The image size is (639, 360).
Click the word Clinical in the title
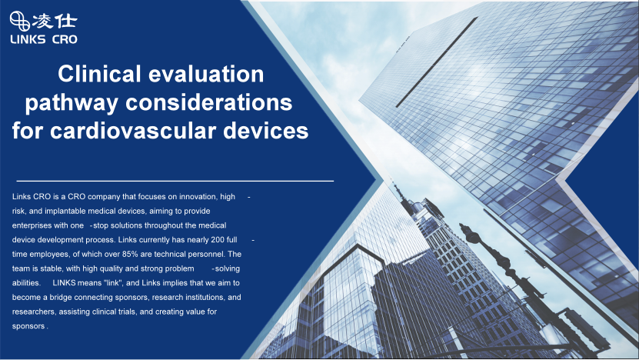pos(99,74)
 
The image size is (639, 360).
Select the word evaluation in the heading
pos(206,74)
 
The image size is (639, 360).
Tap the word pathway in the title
pos(72,104)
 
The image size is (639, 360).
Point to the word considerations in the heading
pos(208,102)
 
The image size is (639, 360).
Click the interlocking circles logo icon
pos(19,22)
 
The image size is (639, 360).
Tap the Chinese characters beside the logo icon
pos(55,22)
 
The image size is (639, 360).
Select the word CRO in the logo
pos(65,39)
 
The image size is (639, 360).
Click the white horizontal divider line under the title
pos(175,181)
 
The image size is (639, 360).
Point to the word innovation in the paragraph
pos(198,196)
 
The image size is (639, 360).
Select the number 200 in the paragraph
pos(218,240)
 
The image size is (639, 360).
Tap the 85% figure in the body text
pos(130,254)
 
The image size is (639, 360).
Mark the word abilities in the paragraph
pos(26,283)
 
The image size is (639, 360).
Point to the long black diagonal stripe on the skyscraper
pos(437,62)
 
